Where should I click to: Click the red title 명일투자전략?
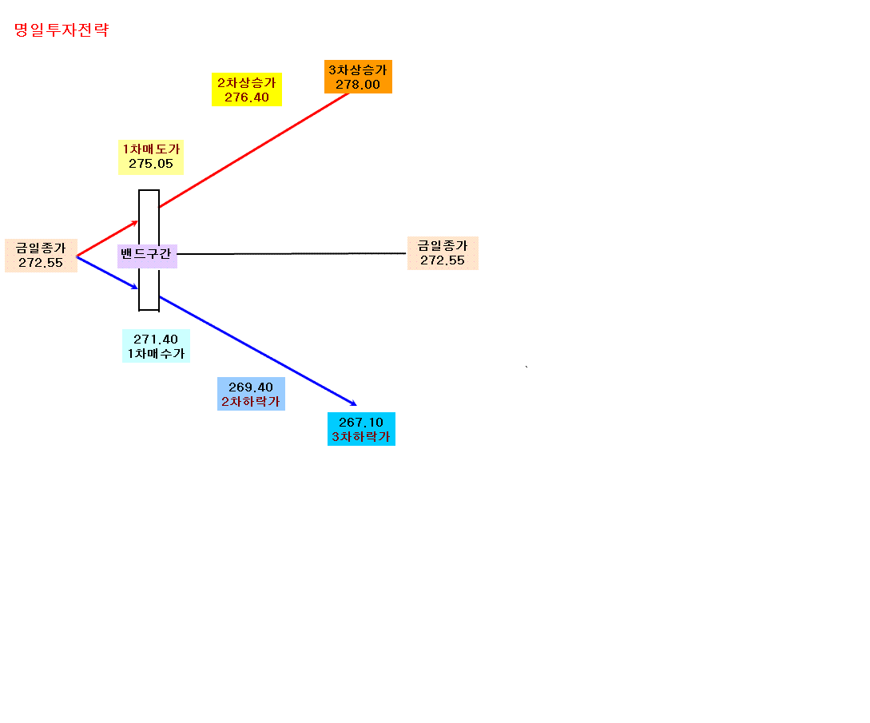[62, 30]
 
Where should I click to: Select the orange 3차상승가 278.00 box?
[359, 77]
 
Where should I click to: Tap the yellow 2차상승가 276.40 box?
[247, 89]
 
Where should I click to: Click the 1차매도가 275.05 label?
[151, 157]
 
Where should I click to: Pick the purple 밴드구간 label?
[147, 256]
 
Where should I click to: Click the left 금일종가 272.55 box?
[41, 255]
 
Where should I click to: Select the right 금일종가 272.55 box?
[443, 253]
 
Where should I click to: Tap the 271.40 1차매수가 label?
[156, 346]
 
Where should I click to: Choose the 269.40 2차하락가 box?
[251, 394]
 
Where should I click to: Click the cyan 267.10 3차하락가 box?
[361, 429]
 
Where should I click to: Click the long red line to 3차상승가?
[254, 150]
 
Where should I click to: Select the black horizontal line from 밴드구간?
[292, 253]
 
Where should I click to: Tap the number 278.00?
[358, 85]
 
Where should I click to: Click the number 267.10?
[361, 423]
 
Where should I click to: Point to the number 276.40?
[247, 97]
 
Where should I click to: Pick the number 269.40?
[251, 387]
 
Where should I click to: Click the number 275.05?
[151, 164]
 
